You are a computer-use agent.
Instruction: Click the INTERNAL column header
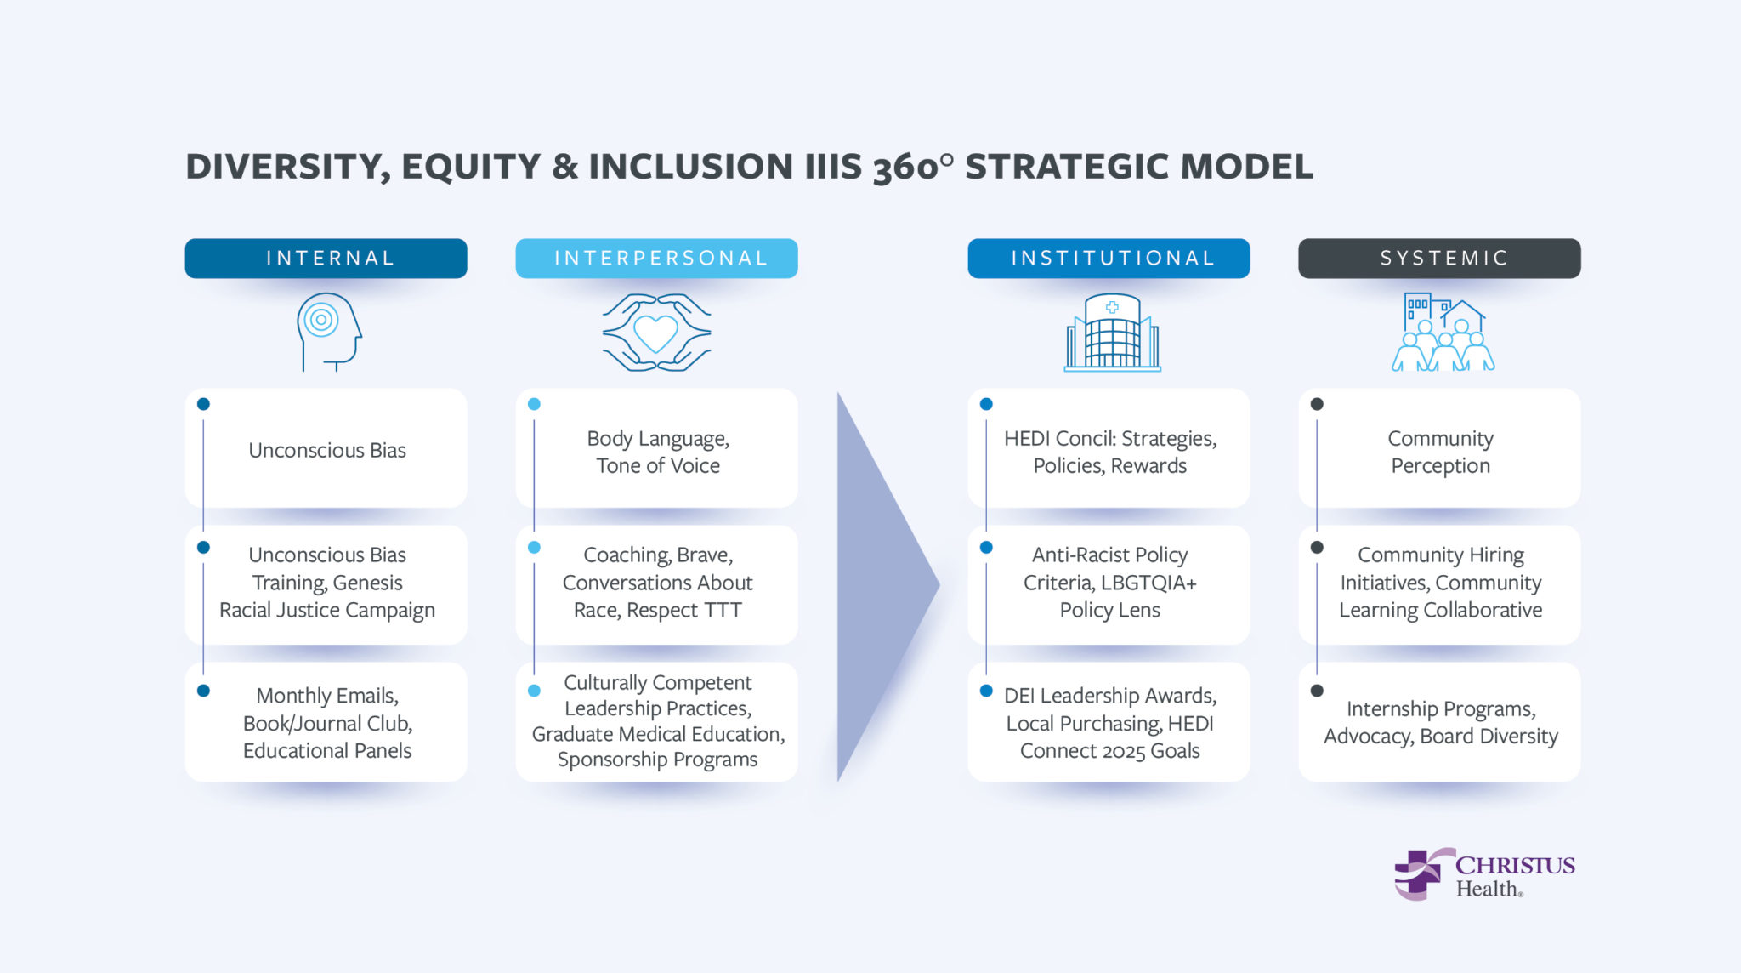pos(326,258)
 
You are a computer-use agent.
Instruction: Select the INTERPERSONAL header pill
pos(656,258)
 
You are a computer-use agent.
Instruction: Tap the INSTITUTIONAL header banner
pos(1109,258)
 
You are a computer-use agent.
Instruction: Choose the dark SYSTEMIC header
pos(1439,258)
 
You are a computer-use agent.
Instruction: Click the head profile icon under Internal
pos(327,332)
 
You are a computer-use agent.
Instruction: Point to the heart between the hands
pos(656,333)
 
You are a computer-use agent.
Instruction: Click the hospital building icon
pos(1112,333)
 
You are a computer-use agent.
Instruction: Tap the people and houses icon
pos(1443,333)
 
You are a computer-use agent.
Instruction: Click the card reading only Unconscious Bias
pos(326,450)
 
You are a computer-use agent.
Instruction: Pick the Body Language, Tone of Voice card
pos(657,452)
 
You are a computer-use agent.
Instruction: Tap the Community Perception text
pos(1440,452)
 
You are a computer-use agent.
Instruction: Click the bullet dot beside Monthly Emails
pos(203,691)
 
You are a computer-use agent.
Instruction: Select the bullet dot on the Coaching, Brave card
pos(534,547)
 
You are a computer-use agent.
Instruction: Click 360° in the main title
pos(912,167)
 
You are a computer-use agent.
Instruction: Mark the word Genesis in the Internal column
pos(367,583)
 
